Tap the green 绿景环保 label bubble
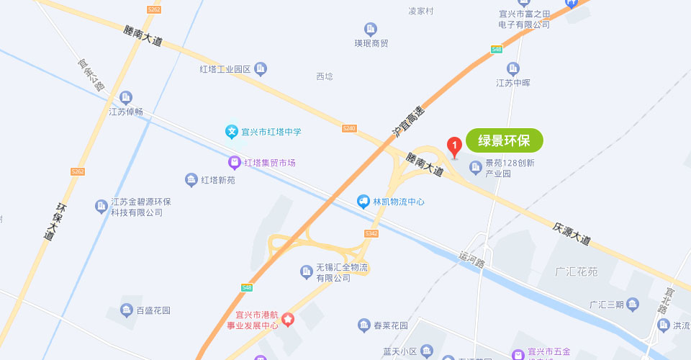pos(504,140)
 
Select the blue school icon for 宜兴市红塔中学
pos(232,131)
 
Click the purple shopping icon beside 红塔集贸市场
pos(234,162)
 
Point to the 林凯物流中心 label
pos(398,202)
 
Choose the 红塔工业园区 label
pos(225,69)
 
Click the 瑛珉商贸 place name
pos(371,43)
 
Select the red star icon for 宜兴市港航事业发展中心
pos(288,319)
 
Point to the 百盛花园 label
pos(153,311)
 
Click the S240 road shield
pos(349,128)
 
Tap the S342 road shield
pos(371,233)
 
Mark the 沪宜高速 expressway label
pos(409,122)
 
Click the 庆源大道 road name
pos(572,233)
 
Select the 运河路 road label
pos(471,258)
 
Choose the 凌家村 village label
pos(421,11)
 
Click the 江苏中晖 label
pos(513,83)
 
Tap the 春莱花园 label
pos(390,325)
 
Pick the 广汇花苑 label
pos(577,272)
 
